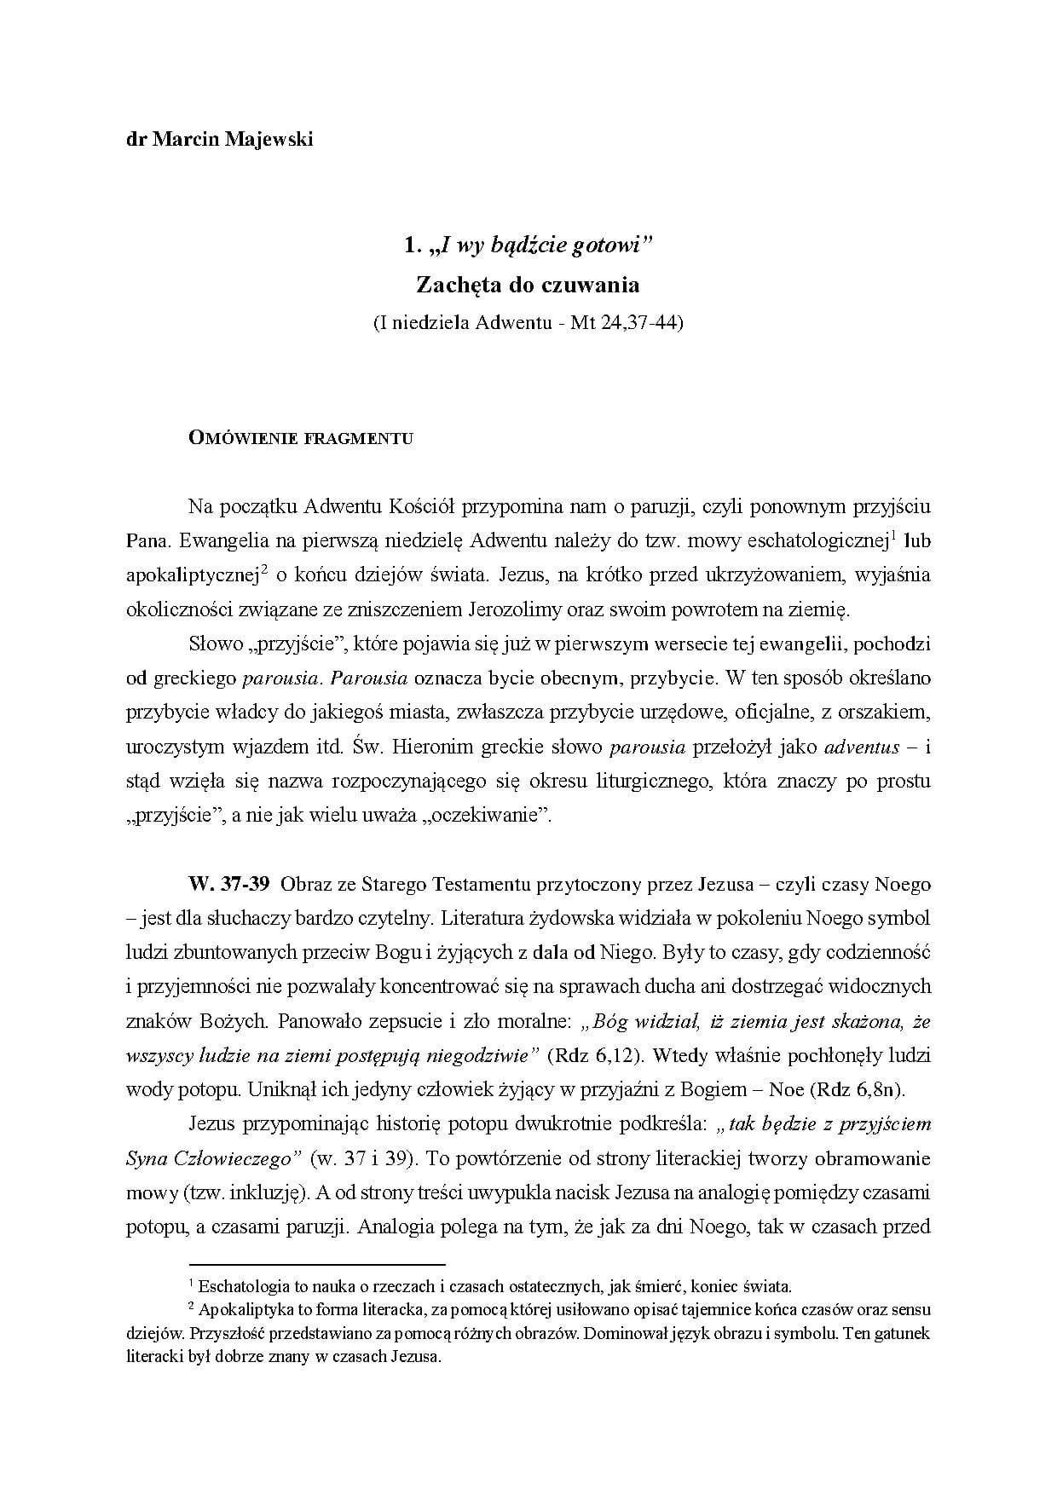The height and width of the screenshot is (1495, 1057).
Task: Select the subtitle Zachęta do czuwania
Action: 528,284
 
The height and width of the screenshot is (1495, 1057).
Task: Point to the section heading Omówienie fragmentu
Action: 301,439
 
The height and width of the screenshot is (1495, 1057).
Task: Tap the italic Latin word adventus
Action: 863,747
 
